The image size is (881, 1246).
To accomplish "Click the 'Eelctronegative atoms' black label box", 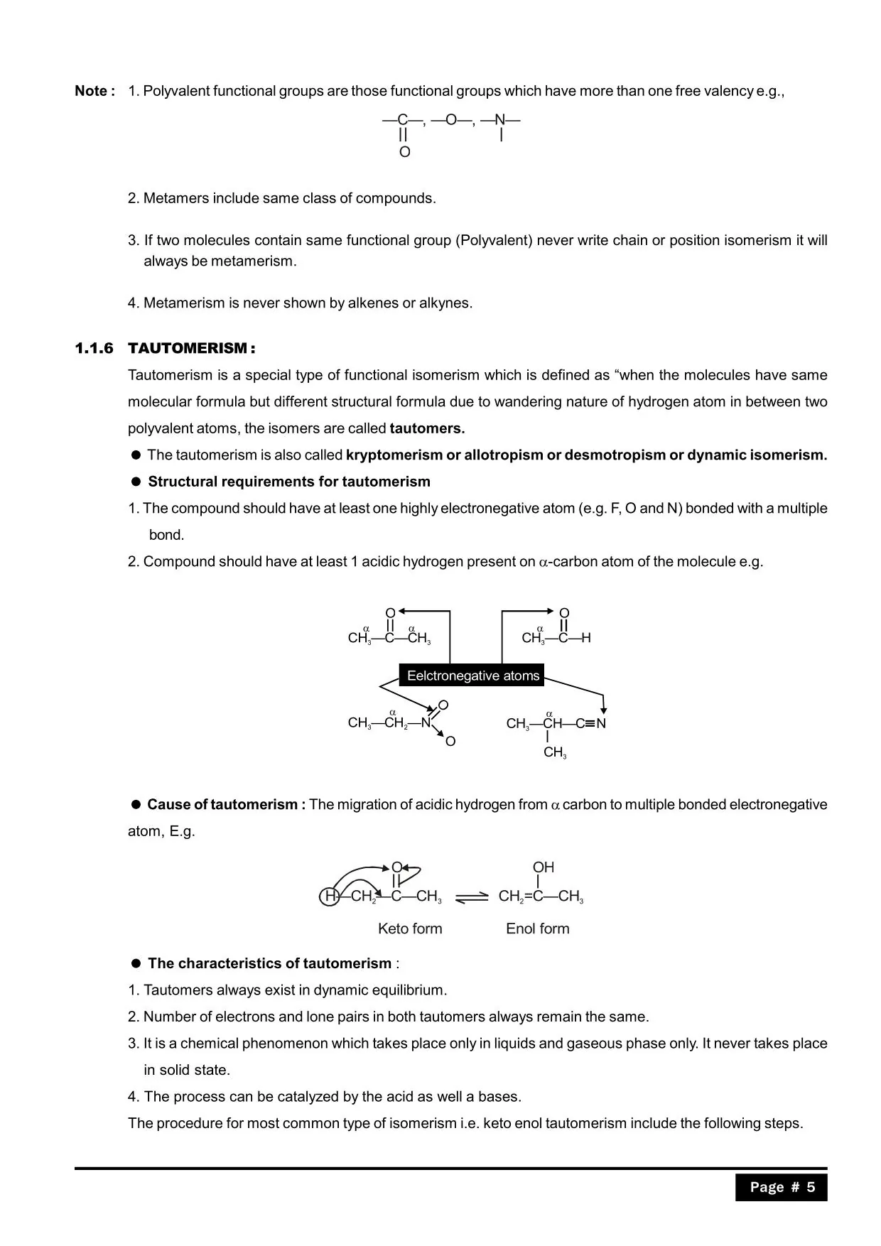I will (x=472, y=676).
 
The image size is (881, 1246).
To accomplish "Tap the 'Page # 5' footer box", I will (x=781, y=1187).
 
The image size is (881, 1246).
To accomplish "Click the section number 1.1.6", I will (x=94, y=348).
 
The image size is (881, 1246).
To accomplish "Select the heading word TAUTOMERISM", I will (x=188, y=348).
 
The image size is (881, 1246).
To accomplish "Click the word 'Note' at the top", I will (x=90, y=91).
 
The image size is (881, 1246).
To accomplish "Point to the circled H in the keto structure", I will (x=329, y=896).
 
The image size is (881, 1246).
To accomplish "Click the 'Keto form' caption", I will (x=410, y=928).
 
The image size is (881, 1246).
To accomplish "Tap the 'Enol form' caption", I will (x=537, y=928).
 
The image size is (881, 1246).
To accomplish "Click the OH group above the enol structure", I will (x=543, y=867).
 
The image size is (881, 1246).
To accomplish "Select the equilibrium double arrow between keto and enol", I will (x=471, y=897).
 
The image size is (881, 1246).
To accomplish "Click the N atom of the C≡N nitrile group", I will (x=601, y=724).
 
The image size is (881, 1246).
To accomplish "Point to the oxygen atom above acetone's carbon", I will (x=390, y=613).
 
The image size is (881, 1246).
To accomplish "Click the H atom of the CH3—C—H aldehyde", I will (x=585, y=638).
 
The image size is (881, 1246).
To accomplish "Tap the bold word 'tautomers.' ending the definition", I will (x=427, y=428).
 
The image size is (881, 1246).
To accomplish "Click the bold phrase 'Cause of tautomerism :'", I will (x=226, y=804).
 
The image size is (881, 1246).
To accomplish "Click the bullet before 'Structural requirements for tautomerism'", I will (x=136, y=482).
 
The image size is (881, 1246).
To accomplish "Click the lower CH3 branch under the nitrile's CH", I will (x=555, y=752).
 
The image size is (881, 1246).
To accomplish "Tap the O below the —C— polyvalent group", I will (x=404, y=152).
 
